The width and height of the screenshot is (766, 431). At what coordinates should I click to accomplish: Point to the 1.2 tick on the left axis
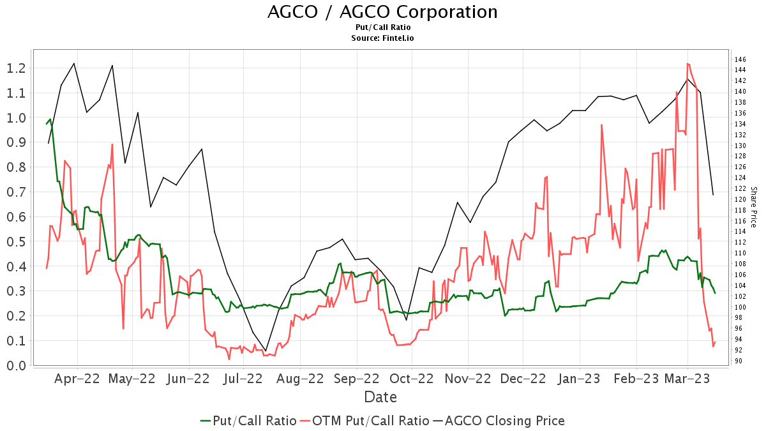click(x=17, y=68)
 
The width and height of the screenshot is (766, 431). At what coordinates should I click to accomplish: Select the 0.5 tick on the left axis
click(x=17, y=242)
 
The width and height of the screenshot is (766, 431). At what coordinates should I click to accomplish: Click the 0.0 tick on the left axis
click(x=17, y=366)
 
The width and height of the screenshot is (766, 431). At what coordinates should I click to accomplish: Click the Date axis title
click(x=380, y=397)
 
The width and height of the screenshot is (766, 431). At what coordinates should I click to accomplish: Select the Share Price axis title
click(x=753, y=208)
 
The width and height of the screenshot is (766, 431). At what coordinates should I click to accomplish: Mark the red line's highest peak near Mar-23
click(x=687, y=63)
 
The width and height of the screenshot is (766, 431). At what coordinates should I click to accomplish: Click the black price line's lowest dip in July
click(x=266, y=351)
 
